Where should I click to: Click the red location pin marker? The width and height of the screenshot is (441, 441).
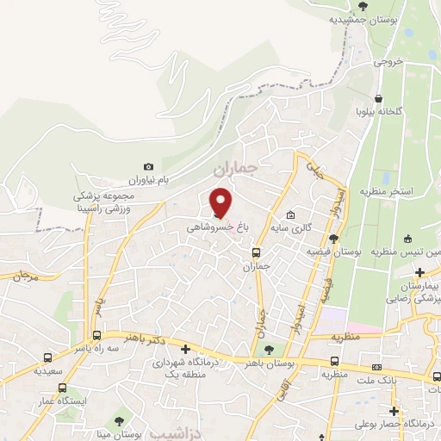pyautogui.click(x=221, y=202)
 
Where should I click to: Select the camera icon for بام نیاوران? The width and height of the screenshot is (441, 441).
pyautogui.click(x=149, y=166)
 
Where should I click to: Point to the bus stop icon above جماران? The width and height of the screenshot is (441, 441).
pyautogui.click(x=256, y=252)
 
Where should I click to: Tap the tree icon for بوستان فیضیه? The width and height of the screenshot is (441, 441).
pyautogui.click(x=332, y=239)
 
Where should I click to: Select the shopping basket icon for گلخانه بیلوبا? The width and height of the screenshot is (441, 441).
pyautogui.click(x=378, y=98)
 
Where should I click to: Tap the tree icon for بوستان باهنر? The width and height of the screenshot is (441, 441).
pyautogui.click(x=270, y=349)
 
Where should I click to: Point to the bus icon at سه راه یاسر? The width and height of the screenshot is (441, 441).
pyautogui.click(x=96, y=335)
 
